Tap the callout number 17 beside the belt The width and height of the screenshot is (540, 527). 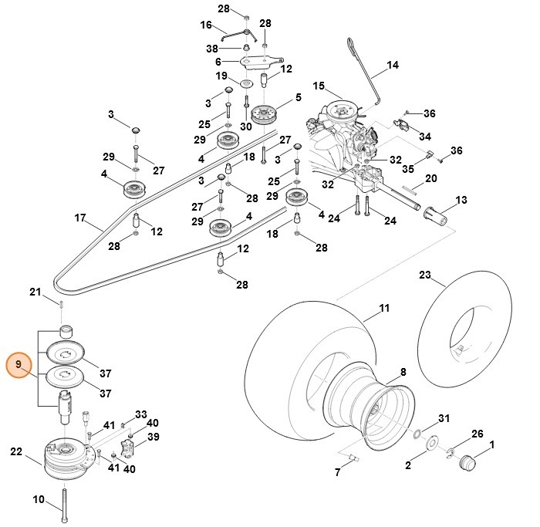pyautogui.click(x=79, y=218)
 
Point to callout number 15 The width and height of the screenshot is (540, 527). pyautogui.click(x=319, y=85)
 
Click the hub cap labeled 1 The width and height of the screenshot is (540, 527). pyautogui.click(x=467, y=463)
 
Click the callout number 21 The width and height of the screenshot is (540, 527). pyautogui.click(x=35, y=291)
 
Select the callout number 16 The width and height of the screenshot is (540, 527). pyautogui.click(x=205, y=25)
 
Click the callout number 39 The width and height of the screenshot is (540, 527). pyautogui.click(x=154, y=437)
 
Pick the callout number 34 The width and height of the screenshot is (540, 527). pyautogui.click(x=424, y=137)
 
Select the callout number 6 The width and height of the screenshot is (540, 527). pyautogui.click(x=218, y=62)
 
